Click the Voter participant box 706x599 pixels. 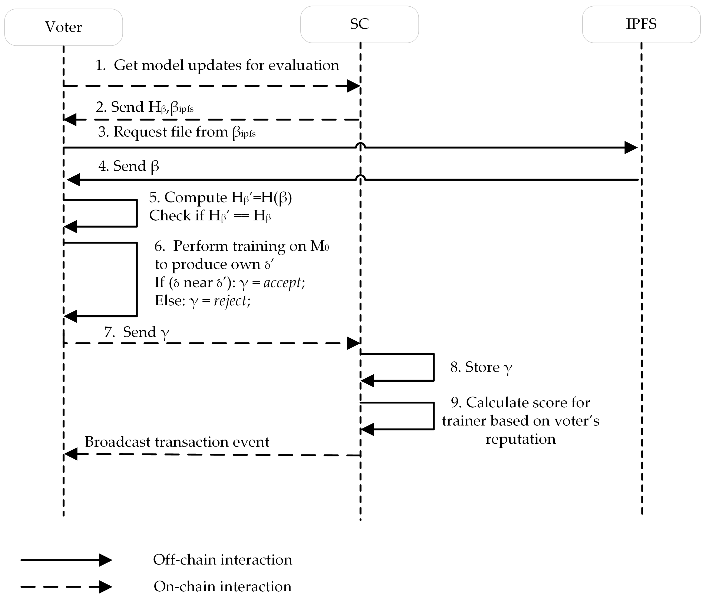pos(64,27)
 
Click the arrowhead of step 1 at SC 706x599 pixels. pos(354,86)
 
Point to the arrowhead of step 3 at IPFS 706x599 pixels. pos(631,147)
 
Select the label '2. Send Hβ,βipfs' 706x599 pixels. pos(145,107)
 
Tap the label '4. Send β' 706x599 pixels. pos(129,166)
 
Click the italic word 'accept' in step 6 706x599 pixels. pos(282,283)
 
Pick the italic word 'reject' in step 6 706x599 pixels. pos(230,300)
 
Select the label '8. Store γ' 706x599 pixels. pos(481,367)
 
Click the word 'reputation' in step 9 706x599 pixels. pos(520,439)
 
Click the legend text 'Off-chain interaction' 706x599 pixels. pos(222,560)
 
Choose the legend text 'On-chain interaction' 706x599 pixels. pos(222,586)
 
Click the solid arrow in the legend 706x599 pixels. pos(66,560)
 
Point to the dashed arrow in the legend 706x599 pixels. pos(66,586)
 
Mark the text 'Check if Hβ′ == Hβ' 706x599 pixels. pos(210,216)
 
